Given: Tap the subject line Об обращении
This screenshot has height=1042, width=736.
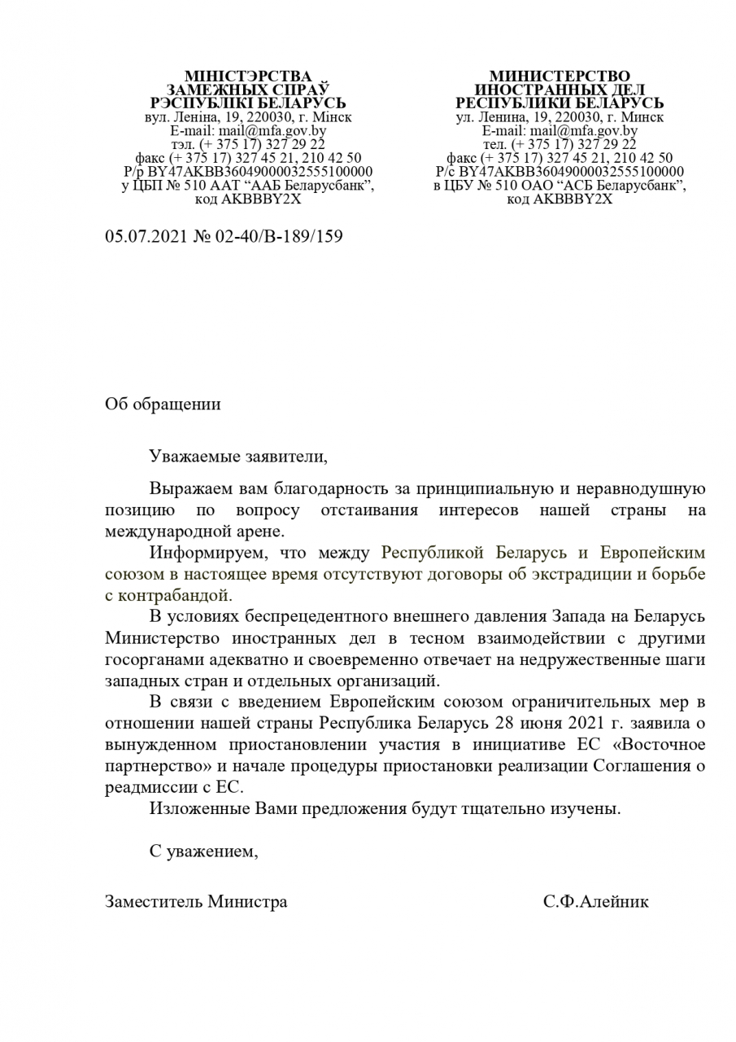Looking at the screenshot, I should [163, 405].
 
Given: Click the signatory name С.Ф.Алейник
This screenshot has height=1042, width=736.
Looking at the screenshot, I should [596, 902].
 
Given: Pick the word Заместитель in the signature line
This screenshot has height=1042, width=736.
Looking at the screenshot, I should [154, 902].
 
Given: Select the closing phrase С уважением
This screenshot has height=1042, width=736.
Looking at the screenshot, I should [203, 852].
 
